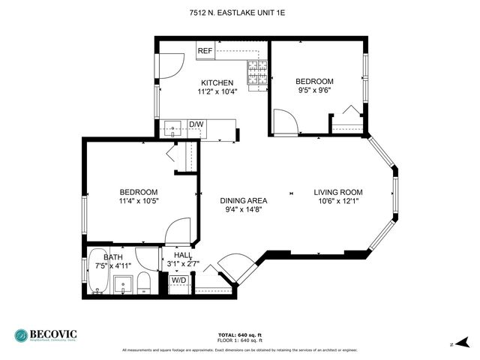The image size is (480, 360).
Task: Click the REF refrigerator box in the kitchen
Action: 205,51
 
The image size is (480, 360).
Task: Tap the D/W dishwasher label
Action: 196,124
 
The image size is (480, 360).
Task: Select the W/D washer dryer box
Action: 179,280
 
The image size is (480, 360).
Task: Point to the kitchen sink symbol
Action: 173,128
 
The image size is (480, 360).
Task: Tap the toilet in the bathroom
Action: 145,283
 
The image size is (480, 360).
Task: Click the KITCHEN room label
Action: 217,82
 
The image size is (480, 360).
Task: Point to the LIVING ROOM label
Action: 337,191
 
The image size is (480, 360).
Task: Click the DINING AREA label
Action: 243,200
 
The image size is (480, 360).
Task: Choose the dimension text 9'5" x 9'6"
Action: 314,91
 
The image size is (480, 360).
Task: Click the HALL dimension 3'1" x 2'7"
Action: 183,265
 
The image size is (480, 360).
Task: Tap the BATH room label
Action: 114,256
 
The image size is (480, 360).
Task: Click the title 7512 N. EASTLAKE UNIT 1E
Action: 239,13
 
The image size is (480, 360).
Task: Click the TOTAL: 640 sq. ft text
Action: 239,334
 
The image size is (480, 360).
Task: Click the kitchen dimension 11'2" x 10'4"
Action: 217,92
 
